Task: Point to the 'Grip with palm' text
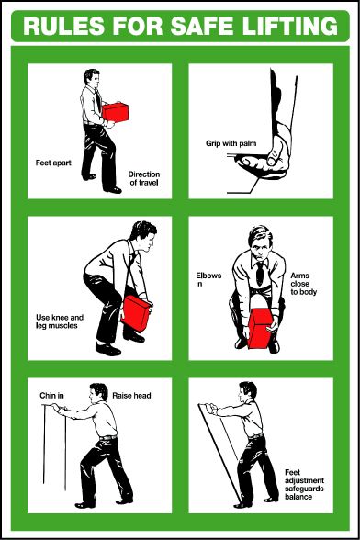(228, 144)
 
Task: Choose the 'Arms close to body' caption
(303, 284)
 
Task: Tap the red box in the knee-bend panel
(136, 312)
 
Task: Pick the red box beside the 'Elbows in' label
(262, 329)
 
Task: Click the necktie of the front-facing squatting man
(261, 271)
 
